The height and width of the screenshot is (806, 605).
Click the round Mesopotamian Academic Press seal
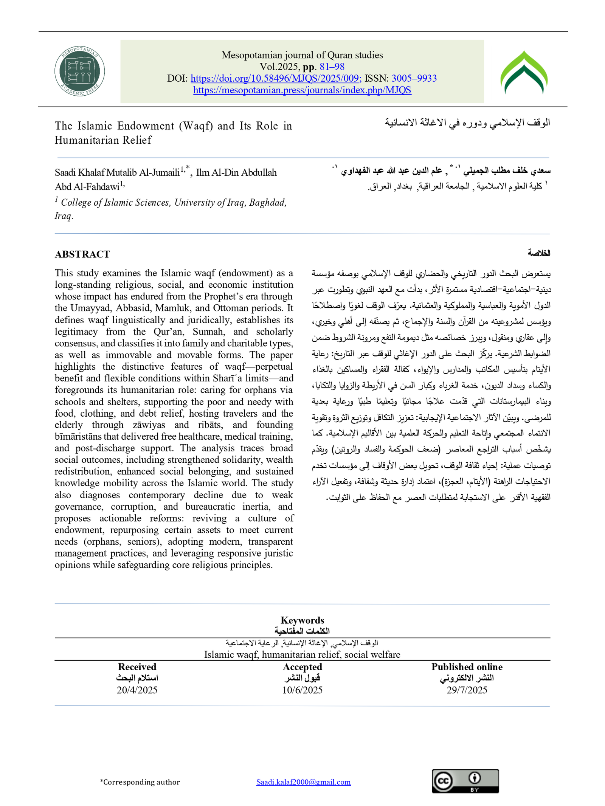tap(79, 71)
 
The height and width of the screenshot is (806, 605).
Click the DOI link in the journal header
tap(276, 78)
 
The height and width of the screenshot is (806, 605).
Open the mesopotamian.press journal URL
tap(302, 90)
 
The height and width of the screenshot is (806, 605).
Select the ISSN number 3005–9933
tap(414, 78)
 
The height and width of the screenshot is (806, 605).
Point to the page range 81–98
tap(332, 67)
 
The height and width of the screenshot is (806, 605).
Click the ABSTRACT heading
tap(82, 254)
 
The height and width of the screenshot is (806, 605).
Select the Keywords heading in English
tap(302, 620)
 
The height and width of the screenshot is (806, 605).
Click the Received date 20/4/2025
tap(137, 690)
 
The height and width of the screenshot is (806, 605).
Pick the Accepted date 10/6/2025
tap(302, 690)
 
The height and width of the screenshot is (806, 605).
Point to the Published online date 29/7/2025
tap(467, 690)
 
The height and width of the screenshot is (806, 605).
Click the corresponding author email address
tap(303, 782)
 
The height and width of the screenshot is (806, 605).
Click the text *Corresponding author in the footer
tap(140, 782)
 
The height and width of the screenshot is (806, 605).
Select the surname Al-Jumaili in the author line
tap(159, 173)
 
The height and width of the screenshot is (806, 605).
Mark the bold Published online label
tap(467, 667)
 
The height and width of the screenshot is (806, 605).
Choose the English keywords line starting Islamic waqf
tap(302, 654)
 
